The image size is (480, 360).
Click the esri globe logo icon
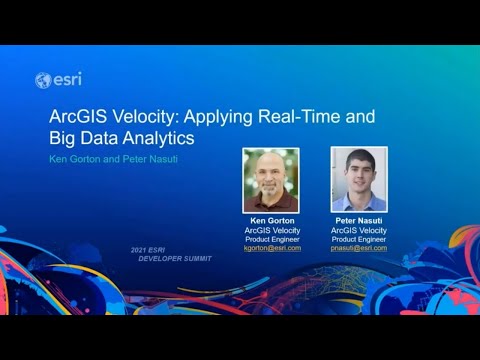[x=42, y=80]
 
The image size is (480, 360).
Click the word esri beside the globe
[x=64, y=80]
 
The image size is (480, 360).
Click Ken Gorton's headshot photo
[x=271, y=180]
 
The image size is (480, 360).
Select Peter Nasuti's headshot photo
[x=358, y=180]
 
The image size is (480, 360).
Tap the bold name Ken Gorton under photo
[x=272, y=221]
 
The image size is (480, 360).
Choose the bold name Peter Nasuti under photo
[x=359, y=221]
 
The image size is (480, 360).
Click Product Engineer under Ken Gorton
[x=272, y=239]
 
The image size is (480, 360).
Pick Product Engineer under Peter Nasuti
[x=359, y=239]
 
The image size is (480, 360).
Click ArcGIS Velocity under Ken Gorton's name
[x=272, y=230]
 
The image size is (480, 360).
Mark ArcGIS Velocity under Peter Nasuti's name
[x=359, y=230]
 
